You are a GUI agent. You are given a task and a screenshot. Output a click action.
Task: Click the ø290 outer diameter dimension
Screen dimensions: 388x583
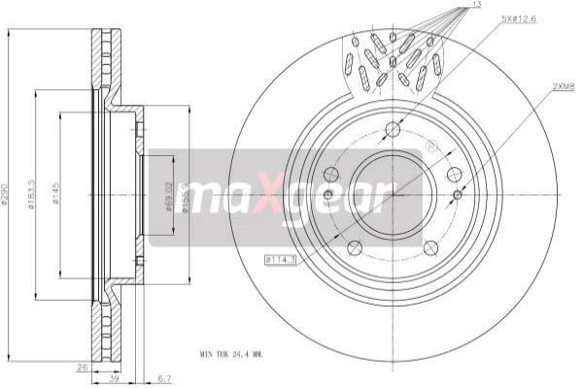(9, 198)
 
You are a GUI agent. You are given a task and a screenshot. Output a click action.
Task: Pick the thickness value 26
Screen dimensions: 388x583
(84, 368)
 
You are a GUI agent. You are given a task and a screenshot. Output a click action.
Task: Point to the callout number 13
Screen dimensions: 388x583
(474, 8)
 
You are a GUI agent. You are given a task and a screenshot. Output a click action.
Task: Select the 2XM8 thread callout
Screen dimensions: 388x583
(564, 86)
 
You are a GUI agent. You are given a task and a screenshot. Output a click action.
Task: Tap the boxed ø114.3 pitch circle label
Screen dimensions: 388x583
(279, 259)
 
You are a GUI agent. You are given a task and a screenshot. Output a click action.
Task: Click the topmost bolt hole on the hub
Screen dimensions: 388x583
(393, 130)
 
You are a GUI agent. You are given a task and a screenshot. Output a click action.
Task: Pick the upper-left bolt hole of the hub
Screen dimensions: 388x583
(331, 175)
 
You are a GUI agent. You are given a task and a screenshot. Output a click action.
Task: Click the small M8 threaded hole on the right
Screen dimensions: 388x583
(458, 195)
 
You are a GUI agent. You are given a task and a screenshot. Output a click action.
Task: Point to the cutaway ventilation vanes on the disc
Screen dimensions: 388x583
(394, 60)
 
